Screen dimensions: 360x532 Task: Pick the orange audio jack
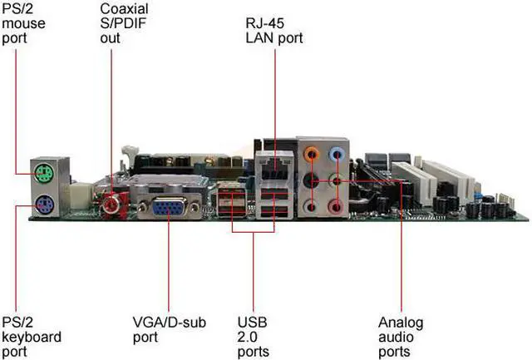coord(312,153)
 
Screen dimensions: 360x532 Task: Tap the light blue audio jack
coord(335,153)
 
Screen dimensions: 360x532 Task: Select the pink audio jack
coord(335,205)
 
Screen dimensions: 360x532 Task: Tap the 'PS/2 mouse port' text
coord(22,22)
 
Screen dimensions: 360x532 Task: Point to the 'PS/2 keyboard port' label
coord(32,336)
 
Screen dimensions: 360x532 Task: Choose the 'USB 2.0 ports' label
coord(254,336)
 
